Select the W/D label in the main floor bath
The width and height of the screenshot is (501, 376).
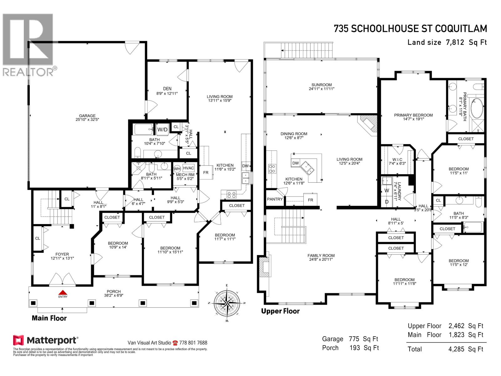click(x=162, y=129)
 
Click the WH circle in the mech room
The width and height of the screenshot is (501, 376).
click(x=177, y=169)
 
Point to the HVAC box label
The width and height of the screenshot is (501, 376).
click(x=189, y=168)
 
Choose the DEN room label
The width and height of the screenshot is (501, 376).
click(x=167, y=89)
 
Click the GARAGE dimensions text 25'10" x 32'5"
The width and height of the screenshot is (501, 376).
click(x=87, y=120)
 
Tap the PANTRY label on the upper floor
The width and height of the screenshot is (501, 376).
click(x=275, y=199)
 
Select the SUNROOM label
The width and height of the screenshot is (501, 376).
click(x=322, y=85)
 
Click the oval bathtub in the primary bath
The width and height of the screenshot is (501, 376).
click(x=477, y=108)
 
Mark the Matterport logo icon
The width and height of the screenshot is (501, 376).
click(x=18, y=340)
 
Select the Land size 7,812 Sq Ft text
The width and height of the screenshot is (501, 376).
click(x=447, y=42)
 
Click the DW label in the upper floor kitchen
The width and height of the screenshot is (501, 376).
click(x=295, y=163)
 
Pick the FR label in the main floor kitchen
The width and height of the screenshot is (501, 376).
click(x=206, y=173)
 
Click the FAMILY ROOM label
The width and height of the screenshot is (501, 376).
click(x=321, y=255)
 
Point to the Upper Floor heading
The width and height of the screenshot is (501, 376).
click(x=280, y=311)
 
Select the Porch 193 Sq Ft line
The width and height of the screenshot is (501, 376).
click(x=350, y=348)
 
